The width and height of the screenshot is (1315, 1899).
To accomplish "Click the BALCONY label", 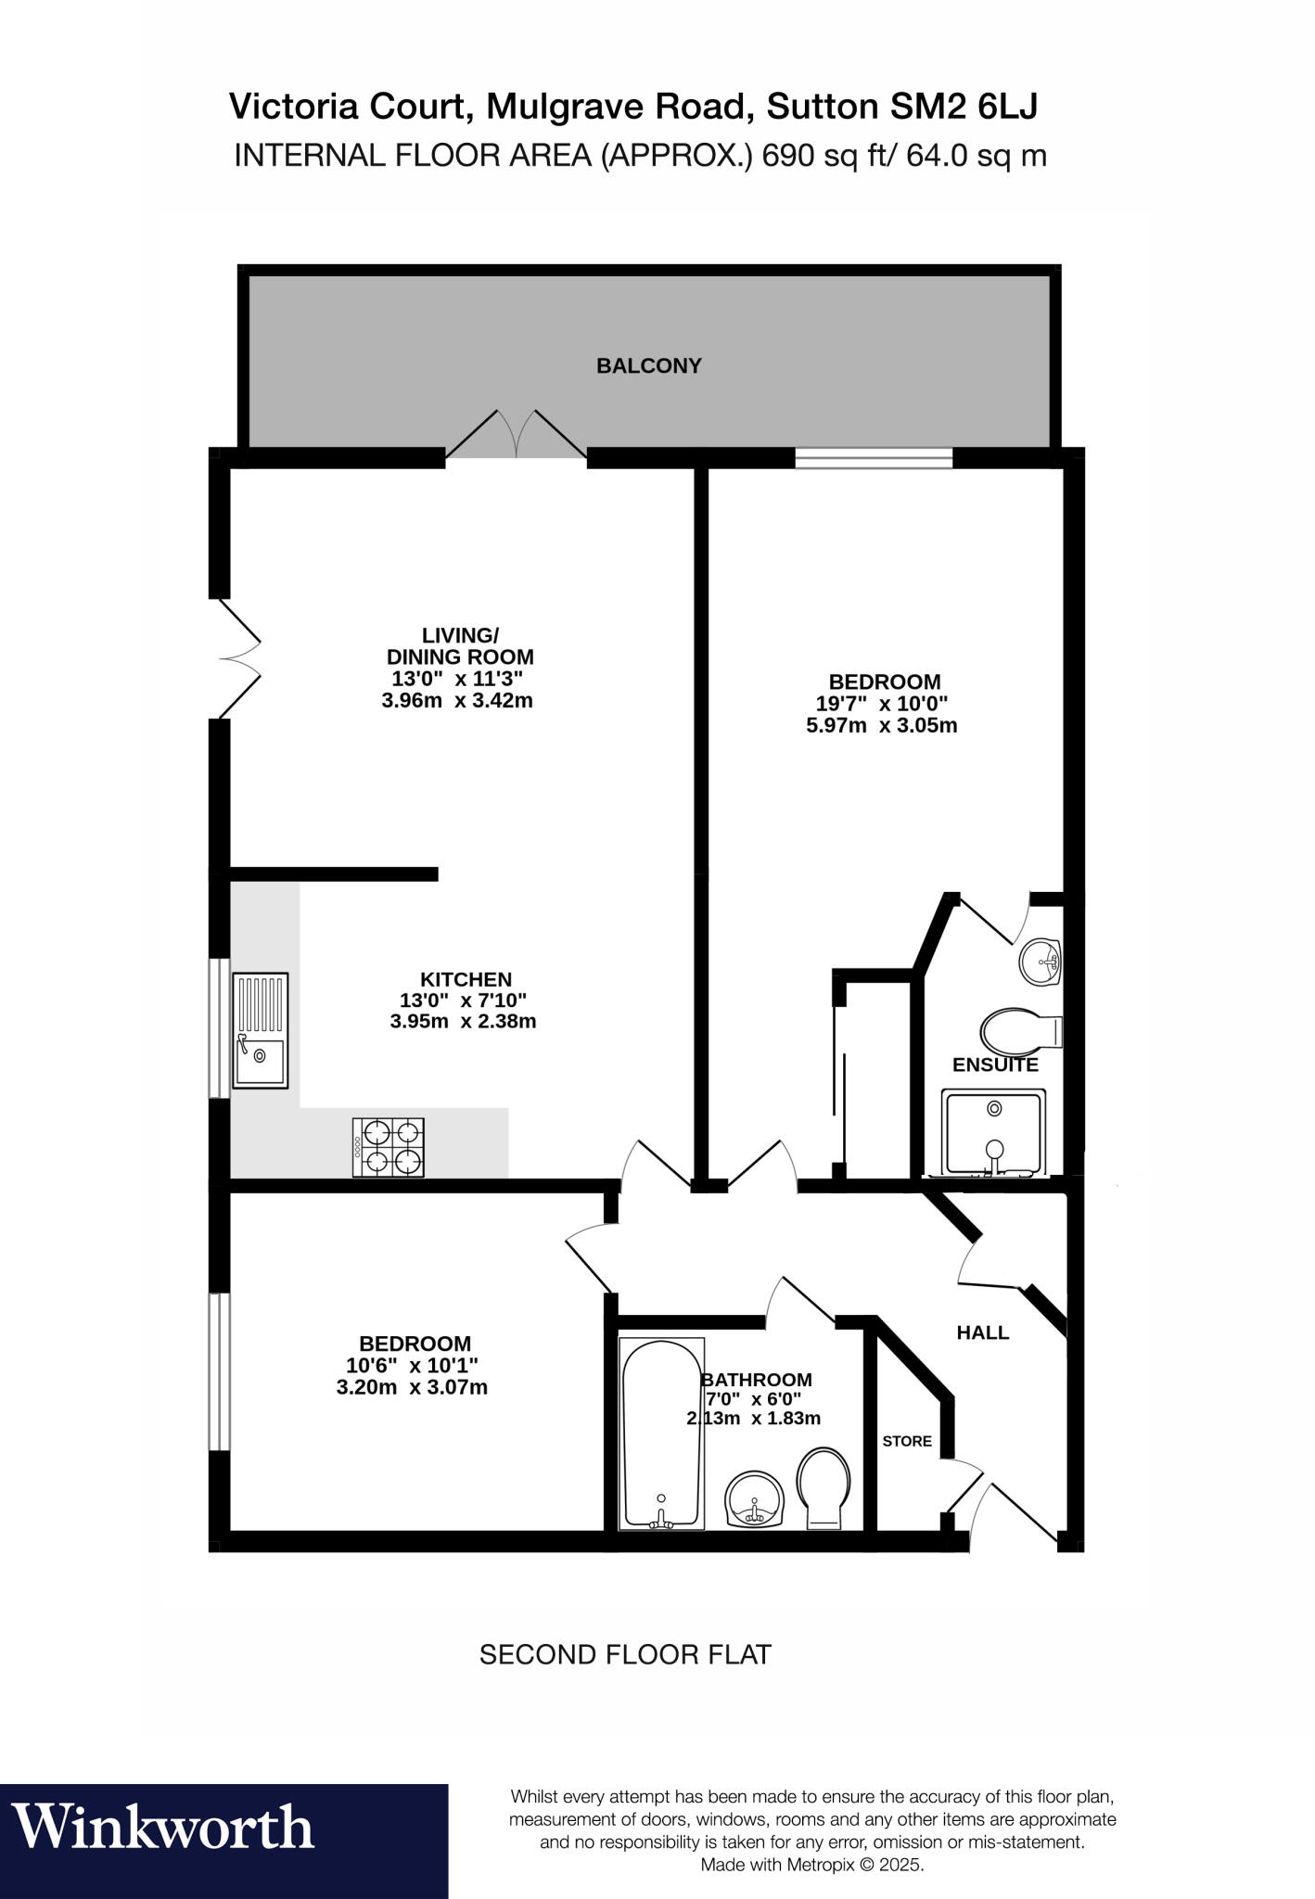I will pyautogui.click(x=648, y=365).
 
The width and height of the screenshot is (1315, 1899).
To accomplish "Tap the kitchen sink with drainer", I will pyautogui.click(x=260, y=1030).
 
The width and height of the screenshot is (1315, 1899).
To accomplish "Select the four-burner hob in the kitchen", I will pyautogui.click(x=389, y=1147).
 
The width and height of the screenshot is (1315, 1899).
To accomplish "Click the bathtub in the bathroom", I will pyautogui.click(x=660, y=1432).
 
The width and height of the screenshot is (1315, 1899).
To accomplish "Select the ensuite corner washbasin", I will pyautogui.click(x=1041, y=961).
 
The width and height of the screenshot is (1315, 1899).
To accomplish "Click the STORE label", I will pyautogui.click(x=906, y=1441).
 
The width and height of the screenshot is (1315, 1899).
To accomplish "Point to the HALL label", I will pyautogui.click(x=982, y=1332).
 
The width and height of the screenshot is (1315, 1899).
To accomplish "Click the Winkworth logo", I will pyautogui.click(x=164, y=1827).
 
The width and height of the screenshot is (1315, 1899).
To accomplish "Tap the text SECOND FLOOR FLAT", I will pyautogui.click(x=624, y=1655).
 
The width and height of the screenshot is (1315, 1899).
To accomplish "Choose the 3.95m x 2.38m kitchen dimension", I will pyautogui.click(x=464, y=1022).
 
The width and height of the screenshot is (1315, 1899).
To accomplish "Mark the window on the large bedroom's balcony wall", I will pyautogui.click(x=874, y=457).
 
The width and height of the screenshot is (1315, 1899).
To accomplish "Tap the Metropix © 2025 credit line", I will pyautogui.click(x=811, y=1865).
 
